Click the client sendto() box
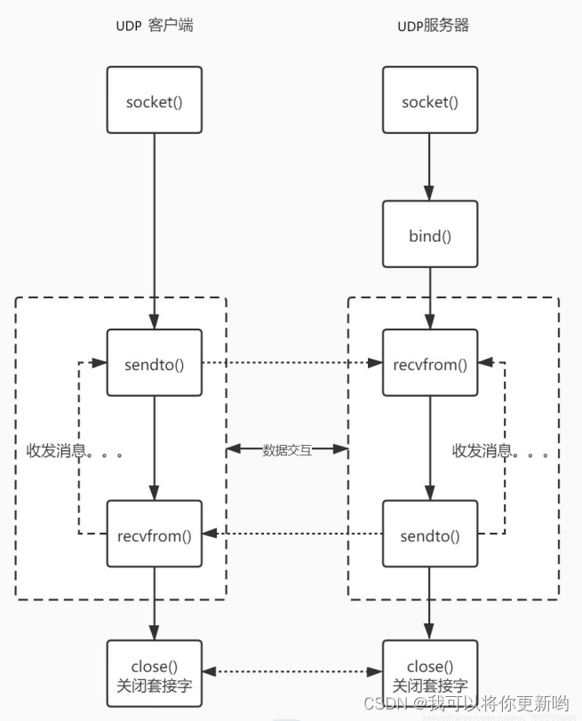pyautogui.click(x=155, y=363)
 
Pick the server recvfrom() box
pyautogui.click(x=430, y=363)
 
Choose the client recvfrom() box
pyautogui.click(x=155, y=535)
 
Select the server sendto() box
pyautogui.click(x=430, y=535)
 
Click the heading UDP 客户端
pyautogui.click(x=155, y=25)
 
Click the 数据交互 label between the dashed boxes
pyautogui.click(x=287, y=450)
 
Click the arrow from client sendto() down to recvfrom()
pyautogui.click(x=155, y=448)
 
